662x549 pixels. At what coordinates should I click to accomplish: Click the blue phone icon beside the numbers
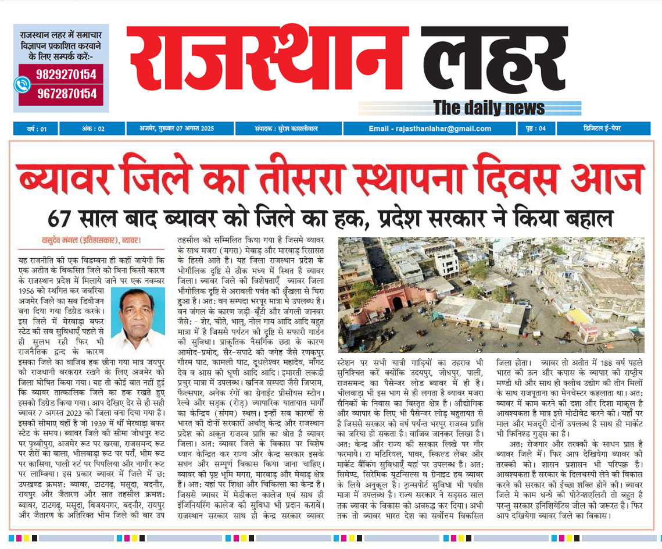pos(22,84)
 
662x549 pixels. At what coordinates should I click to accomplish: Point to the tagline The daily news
pos(489,108)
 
